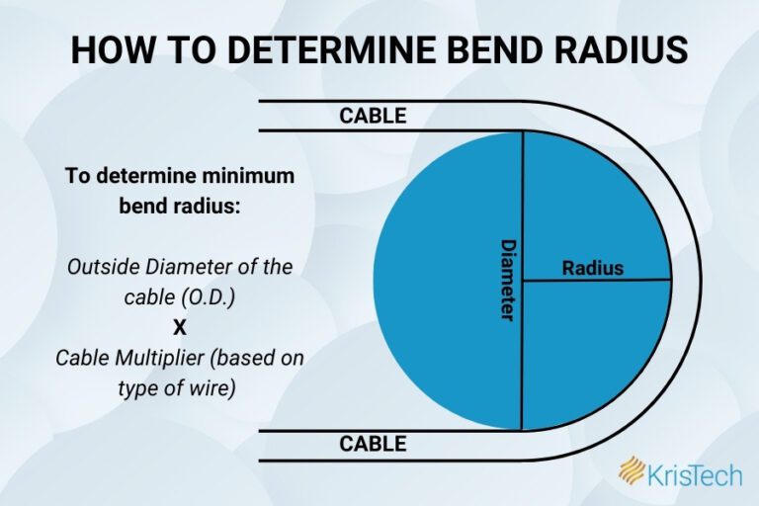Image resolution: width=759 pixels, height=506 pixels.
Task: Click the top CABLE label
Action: (373, 116)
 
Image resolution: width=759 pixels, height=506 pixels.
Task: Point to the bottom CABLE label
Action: (373, 444)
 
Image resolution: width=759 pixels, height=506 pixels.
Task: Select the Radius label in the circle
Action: (593, 267)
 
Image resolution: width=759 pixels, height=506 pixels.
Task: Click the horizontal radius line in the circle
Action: (632, 281)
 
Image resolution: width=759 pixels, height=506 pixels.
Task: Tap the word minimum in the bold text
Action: (244, 176)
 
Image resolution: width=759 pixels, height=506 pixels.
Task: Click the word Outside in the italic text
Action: (100, 268)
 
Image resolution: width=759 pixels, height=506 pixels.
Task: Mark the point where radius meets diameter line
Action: (522, 281)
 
